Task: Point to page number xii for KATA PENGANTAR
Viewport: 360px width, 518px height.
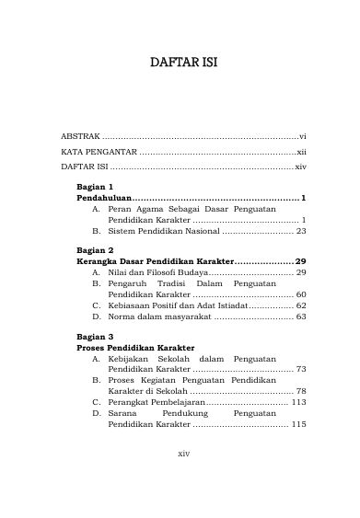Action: point(300,151)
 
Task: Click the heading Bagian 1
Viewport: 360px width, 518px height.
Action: point(94,185)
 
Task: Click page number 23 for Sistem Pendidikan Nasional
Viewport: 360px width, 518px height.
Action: point(300,231)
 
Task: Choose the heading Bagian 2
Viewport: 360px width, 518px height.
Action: point(94,249)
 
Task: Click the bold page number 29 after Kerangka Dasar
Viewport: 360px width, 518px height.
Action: point(300,261)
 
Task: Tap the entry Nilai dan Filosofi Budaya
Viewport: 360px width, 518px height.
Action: point(157,273)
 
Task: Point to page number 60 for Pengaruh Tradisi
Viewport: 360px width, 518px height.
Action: point(300,295)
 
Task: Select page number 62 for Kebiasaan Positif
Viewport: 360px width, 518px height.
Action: point(300,306)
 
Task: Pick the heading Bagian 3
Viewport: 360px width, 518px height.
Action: point(94,337)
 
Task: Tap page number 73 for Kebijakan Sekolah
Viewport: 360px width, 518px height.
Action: point(300,371)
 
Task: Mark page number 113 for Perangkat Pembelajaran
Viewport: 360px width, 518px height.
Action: point(298,401)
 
